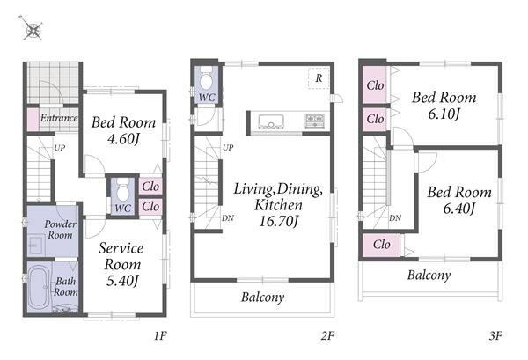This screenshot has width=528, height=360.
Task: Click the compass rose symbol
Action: click(33, 30)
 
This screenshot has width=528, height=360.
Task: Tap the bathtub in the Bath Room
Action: click(38, 287)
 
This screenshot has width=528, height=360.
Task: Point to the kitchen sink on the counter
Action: click(271, 121)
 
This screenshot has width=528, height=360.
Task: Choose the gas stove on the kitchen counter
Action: click(315, 121)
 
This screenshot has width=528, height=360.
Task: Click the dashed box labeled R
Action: click(319, 78)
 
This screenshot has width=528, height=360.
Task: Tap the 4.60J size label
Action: click(123, 139)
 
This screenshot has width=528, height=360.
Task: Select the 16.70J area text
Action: click(278, 222)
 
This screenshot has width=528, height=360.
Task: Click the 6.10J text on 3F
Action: click(444, 114)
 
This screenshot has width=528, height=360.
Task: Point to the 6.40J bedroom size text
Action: click(458, 209)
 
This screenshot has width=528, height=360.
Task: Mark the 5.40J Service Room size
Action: click(122, 281)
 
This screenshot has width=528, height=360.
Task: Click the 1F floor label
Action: click(160, 335)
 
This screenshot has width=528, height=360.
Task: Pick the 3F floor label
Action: click(495, 335)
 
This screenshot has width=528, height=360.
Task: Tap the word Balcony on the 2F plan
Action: click(262, 298)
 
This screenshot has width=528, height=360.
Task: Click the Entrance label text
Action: click(59, 118)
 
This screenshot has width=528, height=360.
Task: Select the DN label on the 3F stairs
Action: click(395, 218)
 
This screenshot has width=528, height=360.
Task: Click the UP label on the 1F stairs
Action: click(59, 148)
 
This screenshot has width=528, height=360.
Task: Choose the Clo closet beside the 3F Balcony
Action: click(381, 245)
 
